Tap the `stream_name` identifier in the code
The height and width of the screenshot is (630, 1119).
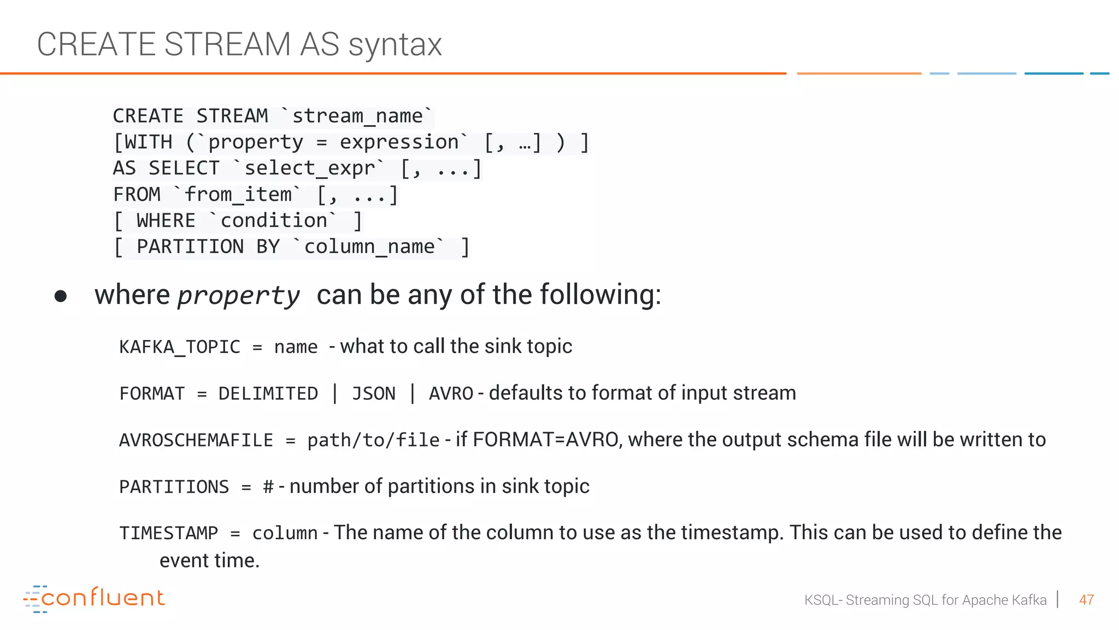[x=357, y=116]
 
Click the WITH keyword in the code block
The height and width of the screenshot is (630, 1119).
[x=149, y=142]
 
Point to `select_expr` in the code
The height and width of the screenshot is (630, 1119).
[x=309, y=168]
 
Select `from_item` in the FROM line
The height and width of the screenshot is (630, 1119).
[x=238, y=195]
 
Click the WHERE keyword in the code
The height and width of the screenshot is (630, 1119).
[x=166, y=221]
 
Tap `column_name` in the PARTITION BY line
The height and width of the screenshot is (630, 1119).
[x=369, y=247]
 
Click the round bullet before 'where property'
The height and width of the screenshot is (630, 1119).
[x=61, y=296]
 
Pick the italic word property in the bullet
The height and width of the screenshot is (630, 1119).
[x=239, y=296]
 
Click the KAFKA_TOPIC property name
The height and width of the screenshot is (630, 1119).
[x=180, y=347]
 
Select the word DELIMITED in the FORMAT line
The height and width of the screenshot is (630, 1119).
[x=268, y=394]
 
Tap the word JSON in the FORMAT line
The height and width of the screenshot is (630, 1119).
[x=373, y=394]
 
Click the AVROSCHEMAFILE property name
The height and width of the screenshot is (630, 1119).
[x=196, y=440]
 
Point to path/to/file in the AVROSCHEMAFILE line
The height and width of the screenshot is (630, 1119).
[x=373, y=440]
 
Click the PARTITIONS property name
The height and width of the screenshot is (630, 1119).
[x=174, y=487]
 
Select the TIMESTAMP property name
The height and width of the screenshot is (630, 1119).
[x=169, y=533]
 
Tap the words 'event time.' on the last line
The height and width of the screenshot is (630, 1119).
[x=209, y=561]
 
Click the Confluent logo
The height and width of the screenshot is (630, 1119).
[x=94, y=598]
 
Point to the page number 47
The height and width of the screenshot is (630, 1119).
[x=1086, y=600]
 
